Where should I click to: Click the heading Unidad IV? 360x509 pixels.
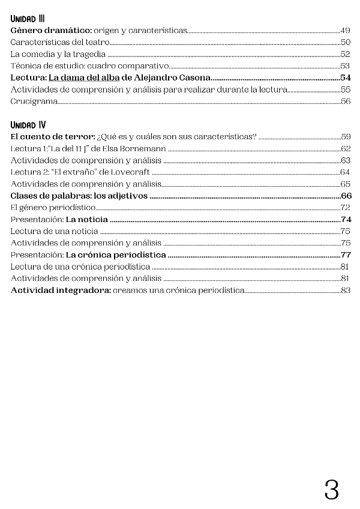tap(28, 125)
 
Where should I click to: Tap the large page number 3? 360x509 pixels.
tap(331, 490)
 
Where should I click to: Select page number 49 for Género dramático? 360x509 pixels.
tap(345, 30)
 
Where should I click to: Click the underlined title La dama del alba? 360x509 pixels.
tap(84, 78)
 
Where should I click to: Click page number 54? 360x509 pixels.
tap(345, 78)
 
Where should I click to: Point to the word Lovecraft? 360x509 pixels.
tap(129, 172)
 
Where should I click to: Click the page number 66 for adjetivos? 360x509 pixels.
tap(346, 196)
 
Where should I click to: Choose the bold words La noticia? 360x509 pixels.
tap(87, 219)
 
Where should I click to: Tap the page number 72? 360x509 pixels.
tap(345, 208)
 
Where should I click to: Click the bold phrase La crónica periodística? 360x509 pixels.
tap(116, 254)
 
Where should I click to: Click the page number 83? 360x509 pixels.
tap(345, 291)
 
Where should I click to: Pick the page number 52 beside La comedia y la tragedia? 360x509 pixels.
tap(345, 54)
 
